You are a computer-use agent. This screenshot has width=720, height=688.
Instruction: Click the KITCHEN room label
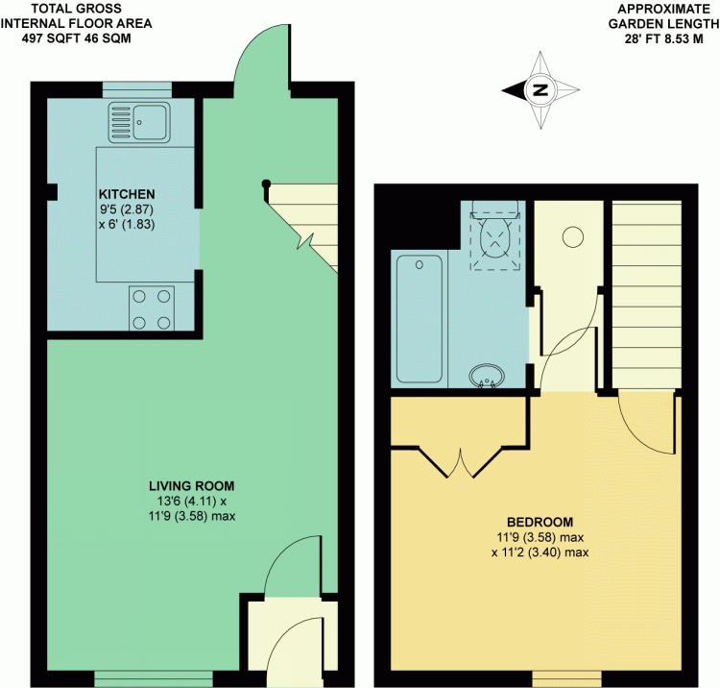point(127,194)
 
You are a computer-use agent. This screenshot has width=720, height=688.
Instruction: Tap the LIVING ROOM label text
point(191,486)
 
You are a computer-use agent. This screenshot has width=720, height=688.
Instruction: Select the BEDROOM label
point(540,522)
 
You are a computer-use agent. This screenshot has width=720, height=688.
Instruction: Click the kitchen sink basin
point(150,122)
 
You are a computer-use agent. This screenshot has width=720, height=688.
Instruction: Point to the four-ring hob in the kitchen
point(152,308)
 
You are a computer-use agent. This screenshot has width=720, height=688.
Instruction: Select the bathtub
point(420,319)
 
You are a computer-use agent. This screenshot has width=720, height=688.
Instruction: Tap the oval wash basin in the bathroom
point(487,376)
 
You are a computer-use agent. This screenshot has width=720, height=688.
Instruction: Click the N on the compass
point(540,89)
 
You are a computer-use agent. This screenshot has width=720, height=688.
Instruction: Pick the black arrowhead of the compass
point(515,90)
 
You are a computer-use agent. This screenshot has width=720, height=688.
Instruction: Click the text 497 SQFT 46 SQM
point(76,38)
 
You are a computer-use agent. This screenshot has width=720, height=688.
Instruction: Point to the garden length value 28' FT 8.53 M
point(663,39)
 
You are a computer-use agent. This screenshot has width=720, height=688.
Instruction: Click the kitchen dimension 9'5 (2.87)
point(127,209)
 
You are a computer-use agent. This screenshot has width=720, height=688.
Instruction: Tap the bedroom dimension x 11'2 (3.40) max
point(540,552)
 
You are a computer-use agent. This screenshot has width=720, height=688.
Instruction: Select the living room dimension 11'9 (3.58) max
point(192,516)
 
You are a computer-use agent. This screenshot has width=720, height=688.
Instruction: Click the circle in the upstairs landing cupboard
point(572,237)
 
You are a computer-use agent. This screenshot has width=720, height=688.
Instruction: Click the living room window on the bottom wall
point(154,678)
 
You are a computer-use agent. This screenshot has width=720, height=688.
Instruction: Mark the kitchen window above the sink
point(137,90)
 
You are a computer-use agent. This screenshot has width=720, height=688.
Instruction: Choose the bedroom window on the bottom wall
point(566,678)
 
